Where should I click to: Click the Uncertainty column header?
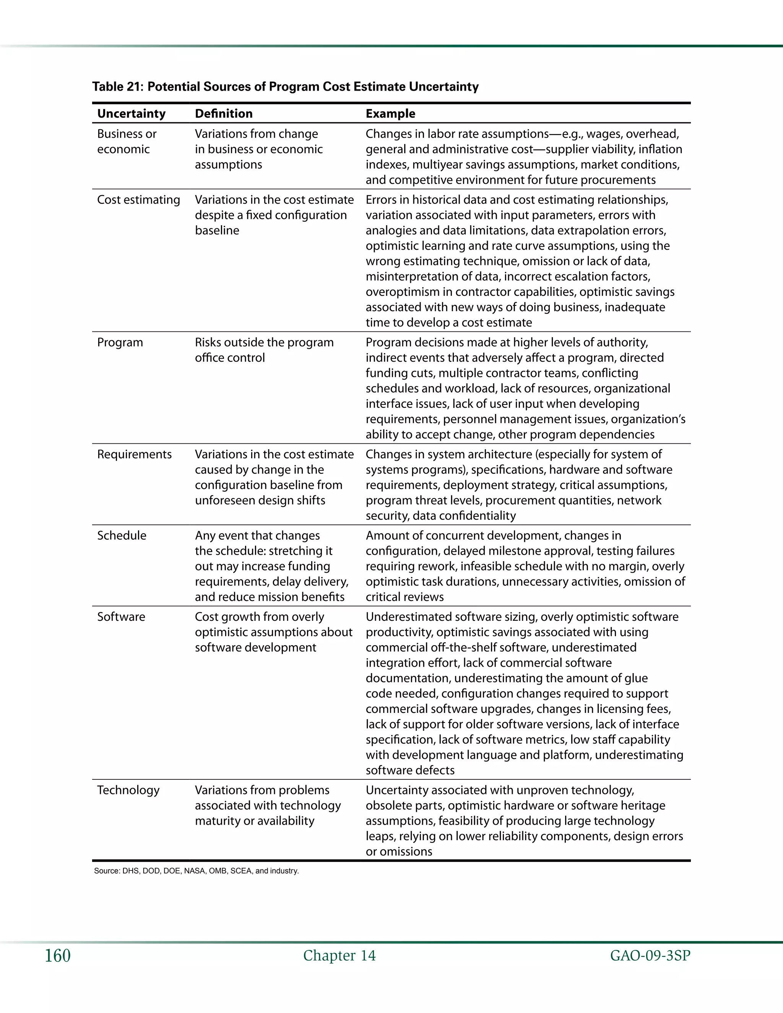pyautogui.click(x=131, y=114)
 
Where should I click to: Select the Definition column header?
pyautogui.click(x=224, y=114)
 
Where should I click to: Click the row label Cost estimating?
pyautogui.click(x=138, y=200)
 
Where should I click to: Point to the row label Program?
pyautogui.click(x=120, y=342)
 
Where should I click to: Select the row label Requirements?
pyautogui.click(x=134, y=455)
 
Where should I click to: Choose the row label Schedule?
pyautogui.click(x=122, y=536)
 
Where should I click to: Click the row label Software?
pyautogui.click(x=121, y=617)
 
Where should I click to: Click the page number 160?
pyautogui.click(x=57, y=956)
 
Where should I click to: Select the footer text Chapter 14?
pyautogui.click(x=339, y=956)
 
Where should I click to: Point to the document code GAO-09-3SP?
pyautogui.click(x=650, y=956)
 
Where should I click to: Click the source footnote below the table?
pyautogui.click(x=196, y=871)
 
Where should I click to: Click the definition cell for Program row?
pyautogui.click(x=264, y=350)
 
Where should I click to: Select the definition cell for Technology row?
pyautogui.click(x=268, y=806)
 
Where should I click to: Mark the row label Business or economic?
pyautogui.click(x=126, y=141)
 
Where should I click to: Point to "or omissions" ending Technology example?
pyautogui.click(x=398, y=852)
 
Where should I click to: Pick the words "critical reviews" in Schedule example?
pyautogui.click(x=404, y=597)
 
